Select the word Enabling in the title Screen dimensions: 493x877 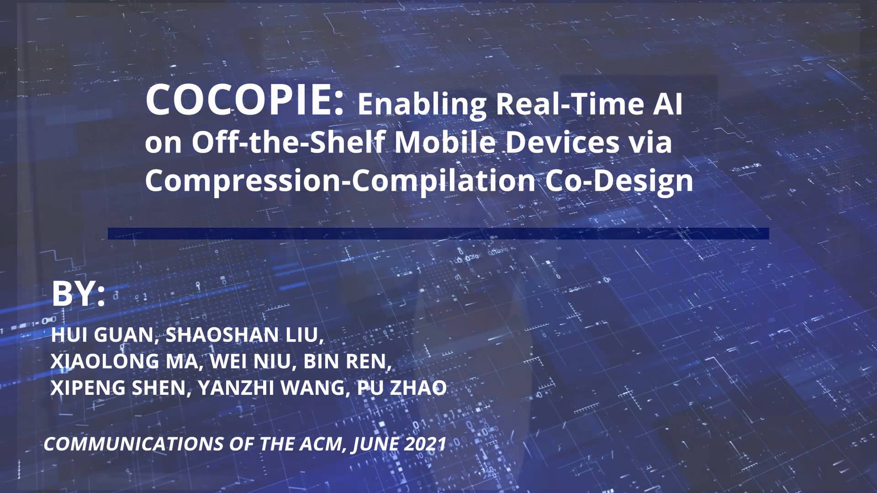point(422,104)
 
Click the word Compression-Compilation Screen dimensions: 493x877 point(340,181)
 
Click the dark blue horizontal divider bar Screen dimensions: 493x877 point(438,233)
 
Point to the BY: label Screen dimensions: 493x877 point(78,294)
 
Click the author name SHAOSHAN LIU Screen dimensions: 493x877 point(244,335)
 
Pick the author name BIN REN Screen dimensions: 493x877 point(346,361)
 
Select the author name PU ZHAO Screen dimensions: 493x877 point(402,388)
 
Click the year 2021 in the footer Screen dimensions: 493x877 point(424,444)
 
